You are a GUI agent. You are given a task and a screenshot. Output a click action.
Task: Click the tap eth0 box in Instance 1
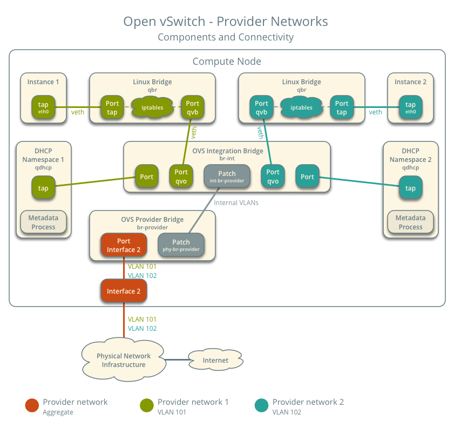coord(43,107)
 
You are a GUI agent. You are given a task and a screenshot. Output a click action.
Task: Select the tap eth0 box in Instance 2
coord(410,107)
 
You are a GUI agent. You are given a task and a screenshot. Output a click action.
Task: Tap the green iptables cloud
coord(152,107)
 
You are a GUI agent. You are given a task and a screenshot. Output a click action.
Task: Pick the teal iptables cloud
coord(301,107)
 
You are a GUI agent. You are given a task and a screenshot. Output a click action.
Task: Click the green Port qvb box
coord(192,107)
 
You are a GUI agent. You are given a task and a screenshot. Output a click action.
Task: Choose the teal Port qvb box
coord(261,107)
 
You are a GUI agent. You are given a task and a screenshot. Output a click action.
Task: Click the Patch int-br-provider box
coord(227,176)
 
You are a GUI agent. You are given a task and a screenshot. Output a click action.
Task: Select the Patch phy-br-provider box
coord(181,245)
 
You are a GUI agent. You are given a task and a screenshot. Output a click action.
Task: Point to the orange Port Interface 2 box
coord(124,245)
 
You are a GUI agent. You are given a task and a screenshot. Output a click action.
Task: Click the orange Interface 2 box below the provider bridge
coord(124,291)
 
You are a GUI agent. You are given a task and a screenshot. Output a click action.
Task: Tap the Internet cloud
coord(215,360)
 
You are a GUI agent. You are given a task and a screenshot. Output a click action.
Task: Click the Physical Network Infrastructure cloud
coord(124,360)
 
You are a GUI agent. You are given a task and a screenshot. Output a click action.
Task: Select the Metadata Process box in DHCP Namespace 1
coord(43,222)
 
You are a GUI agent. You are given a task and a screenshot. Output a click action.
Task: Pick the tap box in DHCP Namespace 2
coord(410,188)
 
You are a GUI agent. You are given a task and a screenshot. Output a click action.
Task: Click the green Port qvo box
coord(181,176)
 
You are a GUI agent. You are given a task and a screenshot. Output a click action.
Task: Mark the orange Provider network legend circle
coord(32,405)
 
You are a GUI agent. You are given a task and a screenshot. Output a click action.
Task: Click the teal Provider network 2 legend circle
coord(261,405)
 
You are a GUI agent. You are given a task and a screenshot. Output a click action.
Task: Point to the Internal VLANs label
coord(236,203)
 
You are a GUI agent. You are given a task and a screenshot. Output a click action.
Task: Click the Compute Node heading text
coord(227,62)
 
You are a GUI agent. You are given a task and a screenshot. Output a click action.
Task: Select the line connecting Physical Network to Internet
coord(176,360)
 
